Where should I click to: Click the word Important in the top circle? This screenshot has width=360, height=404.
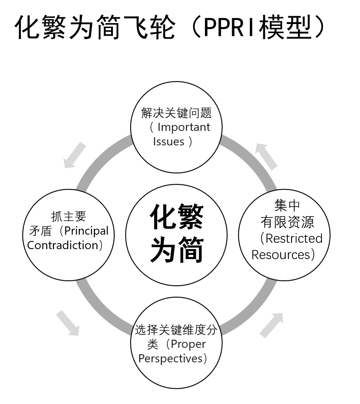184,127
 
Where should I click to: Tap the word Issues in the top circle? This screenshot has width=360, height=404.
169,142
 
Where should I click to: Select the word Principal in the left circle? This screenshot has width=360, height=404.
86,231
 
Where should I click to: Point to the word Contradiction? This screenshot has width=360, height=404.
63,245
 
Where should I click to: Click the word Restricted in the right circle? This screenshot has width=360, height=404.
294,238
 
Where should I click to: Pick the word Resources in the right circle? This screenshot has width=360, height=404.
280,255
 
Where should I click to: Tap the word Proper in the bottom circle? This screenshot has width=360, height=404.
188,344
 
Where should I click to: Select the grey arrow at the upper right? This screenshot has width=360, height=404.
267,156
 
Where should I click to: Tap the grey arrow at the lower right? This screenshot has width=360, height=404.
272,325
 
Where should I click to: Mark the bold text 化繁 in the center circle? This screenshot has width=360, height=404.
176,216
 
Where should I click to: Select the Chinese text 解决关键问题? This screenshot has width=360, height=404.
176,112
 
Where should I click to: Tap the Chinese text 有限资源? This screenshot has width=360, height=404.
287,222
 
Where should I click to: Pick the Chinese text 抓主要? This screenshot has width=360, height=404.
68,216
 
